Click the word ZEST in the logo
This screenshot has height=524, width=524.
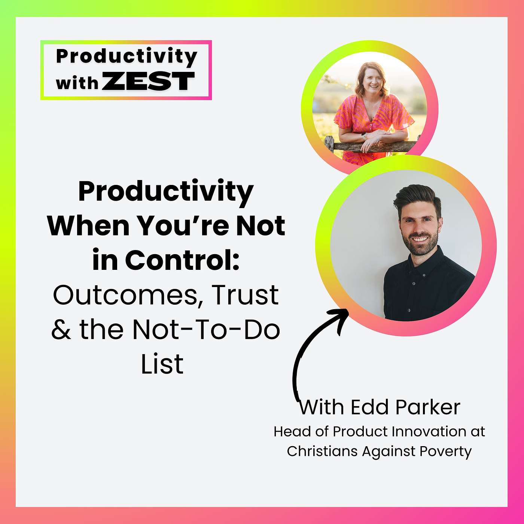[148, 81]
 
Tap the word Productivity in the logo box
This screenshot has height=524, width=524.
[127, 56]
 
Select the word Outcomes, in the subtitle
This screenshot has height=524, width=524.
[125, 295]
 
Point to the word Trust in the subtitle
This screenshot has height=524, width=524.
[245, 295]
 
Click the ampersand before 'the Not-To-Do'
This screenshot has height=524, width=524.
[61, 329]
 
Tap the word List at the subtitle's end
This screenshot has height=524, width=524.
[162, 364]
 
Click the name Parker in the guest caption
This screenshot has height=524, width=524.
[428, 407]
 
